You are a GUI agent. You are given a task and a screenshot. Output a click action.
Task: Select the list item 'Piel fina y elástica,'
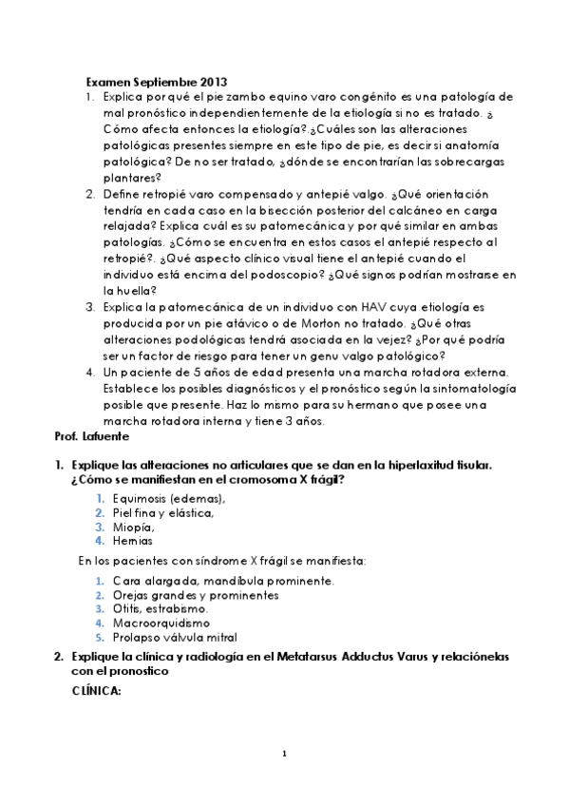coord(162,512)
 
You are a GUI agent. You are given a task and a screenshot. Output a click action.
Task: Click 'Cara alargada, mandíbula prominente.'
coord(222,581)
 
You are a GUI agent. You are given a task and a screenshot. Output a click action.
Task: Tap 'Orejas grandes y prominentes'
coord(196,595)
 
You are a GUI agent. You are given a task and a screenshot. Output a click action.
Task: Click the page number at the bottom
coord(284,756)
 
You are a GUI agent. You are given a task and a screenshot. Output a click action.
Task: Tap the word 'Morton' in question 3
coord(270,325)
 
